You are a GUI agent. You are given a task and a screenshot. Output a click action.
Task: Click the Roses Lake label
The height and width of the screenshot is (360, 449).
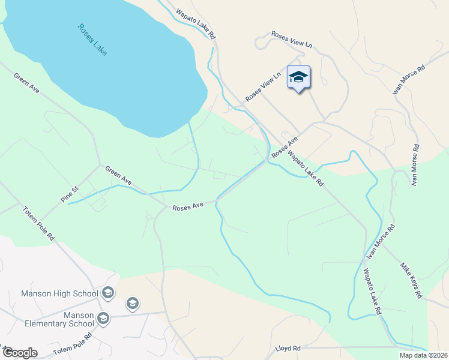click(x=92, y=40)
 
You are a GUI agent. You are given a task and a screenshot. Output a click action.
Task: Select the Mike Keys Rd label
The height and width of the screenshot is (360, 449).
click(x=412, y=280)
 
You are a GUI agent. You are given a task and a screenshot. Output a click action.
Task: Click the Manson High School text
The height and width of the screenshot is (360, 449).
click(x=59, y=293)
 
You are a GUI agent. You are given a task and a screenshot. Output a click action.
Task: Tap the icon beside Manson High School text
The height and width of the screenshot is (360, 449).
click(x=108, y=293)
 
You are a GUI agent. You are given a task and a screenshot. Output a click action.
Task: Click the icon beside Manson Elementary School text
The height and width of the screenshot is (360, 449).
click(x=103, y=317)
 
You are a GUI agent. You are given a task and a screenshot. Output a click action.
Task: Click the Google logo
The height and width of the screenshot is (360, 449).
click(x=20, y=353)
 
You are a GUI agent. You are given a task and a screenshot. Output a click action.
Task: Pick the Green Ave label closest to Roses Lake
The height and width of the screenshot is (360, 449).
click(x=26, y=83)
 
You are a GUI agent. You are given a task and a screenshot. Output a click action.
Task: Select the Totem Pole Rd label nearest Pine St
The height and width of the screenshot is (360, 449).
click(x=38, y=223)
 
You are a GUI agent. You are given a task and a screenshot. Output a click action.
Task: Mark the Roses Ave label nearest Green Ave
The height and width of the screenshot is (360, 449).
click(x=188, y=206)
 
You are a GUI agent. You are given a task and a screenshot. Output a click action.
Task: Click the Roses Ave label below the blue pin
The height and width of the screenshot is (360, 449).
click(x=285, y=148)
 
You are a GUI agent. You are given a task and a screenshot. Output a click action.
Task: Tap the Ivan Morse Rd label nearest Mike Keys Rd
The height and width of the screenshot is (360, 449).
click(x=382, y=242)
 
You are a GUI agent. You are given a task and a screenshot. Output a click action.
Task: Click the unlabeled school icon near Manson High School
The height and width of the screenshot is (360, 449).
click(x=132, y=304)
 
